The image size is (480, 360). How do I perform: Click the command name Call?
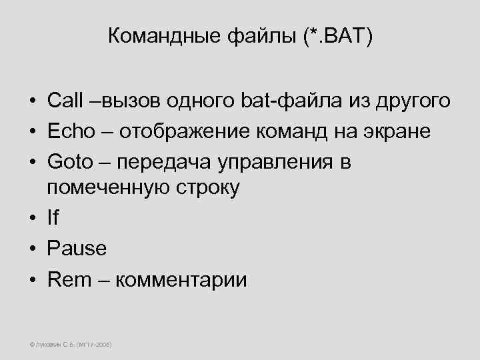pyautogui.click(x=65, y=101)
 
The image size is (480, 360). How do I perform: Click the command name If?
pyautogui.click(x=53, y=219)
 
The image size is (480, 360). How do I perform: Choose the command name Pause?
pyautogui.click(x=77, y=249)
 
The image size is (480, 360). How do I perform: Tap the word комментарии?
pyautogui.click(x=181, y=279)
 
